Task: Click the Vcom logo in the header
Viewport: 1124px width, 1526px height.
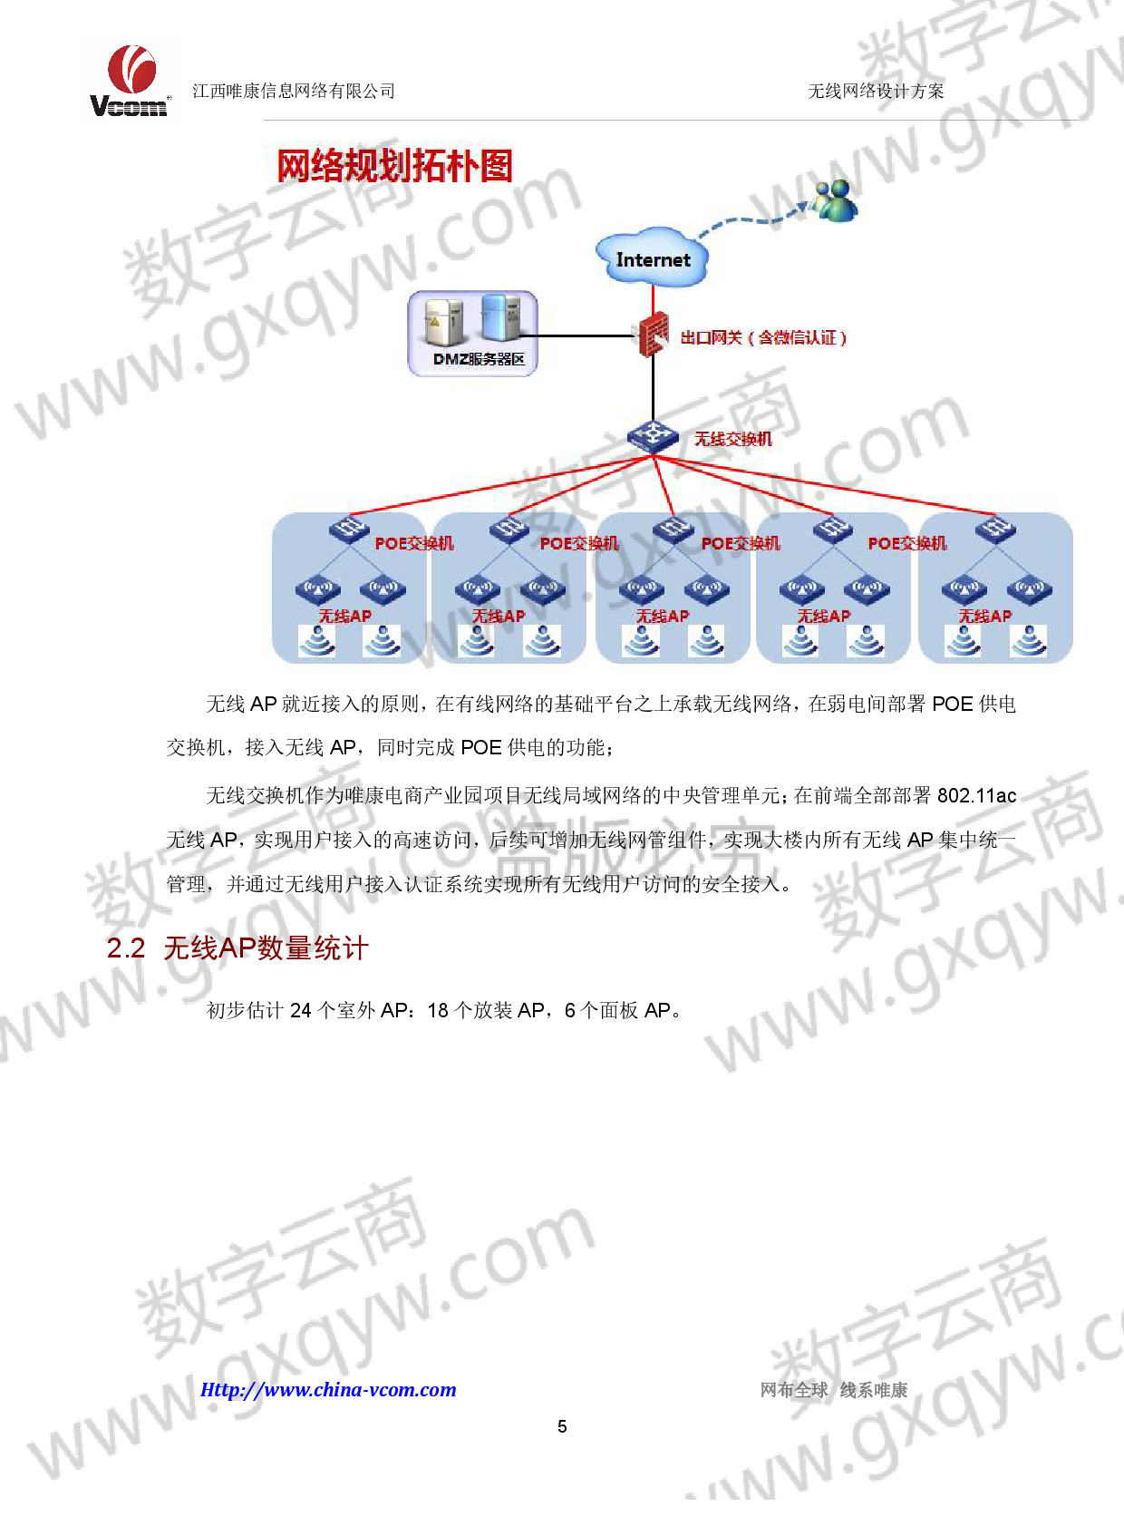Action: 131,81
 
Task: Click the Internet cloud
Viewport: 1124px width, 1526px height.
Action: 652,258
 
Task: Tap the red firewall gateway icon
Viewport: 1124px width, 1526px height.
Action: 653,335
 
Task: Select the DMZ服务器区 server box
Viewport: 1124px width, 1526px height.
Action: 472,333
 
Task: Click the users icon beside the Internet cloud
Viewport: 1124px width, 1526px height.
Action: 836,200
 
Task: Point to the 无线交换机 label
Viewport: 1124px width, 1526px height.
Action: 733,439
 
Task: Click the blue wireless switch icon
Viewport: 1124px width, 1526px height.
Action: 653,437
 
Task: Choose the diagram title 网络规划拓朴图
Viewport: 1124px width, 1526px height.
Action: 394,166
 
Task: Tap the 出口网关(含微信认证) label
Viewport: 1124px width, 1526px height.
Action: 763,337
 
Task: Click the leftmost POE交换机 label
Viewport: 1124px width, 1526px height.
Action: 414,543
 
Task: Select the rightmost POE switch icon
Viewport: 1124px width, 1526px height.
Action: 995,530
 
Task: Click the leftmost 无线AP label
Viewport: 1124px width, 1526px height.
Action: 345,616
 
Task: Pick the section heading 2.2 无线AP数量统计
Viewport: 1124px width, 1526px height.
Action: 237,948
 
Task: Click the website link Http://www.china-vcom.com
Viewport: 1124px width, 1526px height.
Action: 328,1389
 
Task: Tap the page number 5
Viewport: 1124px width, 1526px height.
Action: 562,1426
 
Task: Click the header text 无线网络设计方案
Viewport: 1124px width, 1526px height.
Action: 876,91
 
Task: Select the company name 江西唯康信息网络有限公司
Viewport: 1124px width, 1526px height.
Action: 294,91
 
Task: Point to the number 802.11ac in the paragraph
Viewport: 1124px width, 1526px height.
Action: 977,795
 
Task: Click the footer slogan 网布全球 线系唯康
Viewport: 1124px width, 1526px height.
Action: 834,1390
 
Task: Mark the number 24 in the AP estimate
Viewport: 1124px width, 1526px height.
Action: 300,1009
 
